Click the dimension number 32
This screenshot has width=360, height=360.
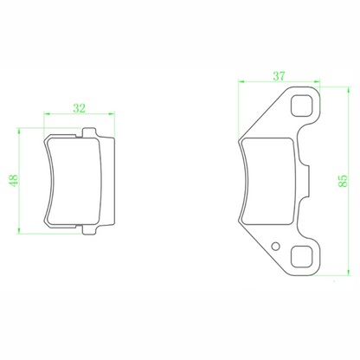click(x=80, y=108)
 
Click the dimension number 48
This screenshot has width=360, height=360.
click(x=14, y=181)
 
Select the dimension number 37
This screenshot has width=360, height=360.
click(x=279, y=76)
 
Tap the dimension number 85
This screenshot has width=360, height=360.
click(x=343, y=181)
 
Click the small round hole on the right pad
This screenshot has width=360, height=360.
click(x=276, y=246)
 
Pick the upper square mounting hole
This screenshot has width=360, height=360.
click(x=301, y=106)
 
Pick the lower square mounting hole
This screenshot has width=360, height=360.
click(x=301, y=257)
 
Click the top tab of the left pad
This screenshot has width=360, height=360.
click(x=89, y=132)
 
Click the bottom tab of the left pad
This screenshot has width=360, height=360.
click(x=89, y=229)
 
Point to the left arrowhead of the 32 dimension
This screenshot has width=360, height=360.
click(x=47, y=113)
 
